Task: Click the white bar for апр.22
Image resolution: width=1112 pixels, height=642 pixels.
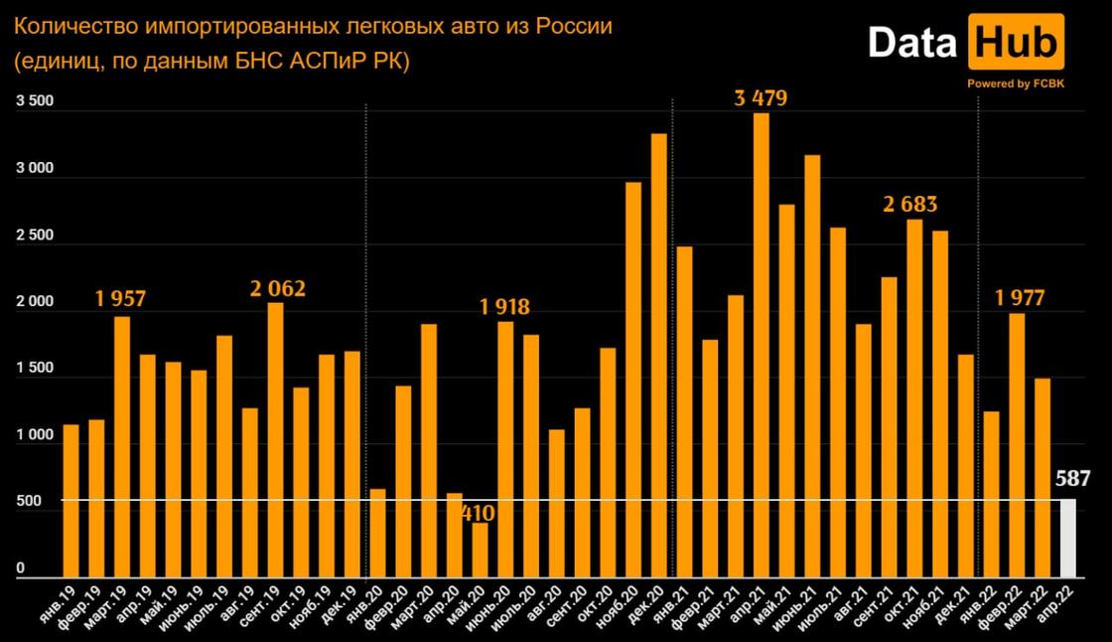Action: tap(1067, 538)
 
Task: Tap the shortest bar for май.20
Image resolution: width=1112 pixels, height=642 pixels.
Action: tap(481, 550)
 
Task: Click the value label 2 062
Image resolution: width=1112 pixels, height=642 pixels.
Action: tap(278, 289)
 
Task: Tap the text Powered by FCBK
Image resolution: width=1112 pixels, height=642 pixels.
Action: tap(1016, 84)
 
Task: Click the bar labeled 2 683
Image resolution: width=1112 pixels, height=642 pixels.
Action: tap(914, 398)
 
